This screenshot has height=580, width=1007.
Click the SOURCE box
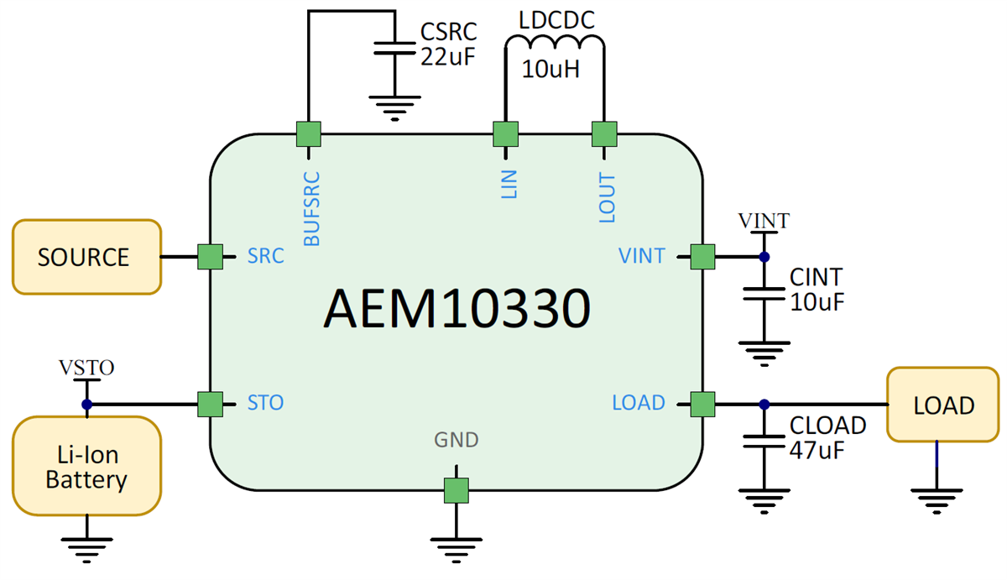pos(86,257)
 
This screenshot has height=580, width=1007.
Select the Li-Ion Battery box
pos(86,468)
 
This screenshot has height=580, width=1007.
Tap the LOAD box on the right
pos(943,405)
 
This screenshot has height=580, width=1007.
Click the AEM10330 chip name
pos(456,310)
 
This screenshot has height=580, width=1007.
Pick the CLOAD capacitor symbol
pos(764,440)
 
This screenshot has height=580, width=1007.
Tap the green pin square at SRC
pos(210,257)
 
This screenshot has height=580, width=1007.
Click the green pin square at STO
pos(210,405)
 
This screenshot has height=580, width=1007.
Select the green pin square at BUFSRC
pos(309,133)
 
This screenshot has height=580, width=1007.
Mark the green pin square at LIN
pos(505,133)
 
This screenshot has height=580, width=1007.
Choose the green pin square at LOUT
pos(604,133)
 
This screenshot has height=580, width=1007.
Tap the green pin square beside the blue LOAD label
pos(702,405)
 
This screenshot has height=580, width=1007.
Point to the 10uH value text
pos(550,69)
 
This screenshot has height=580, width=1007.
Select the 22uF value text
pos(447,57)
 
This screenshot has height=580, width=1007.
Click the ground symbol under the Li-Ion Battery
pos(86,550)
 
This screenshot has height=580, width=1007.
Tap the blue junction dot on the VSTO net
pos(86,405)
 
